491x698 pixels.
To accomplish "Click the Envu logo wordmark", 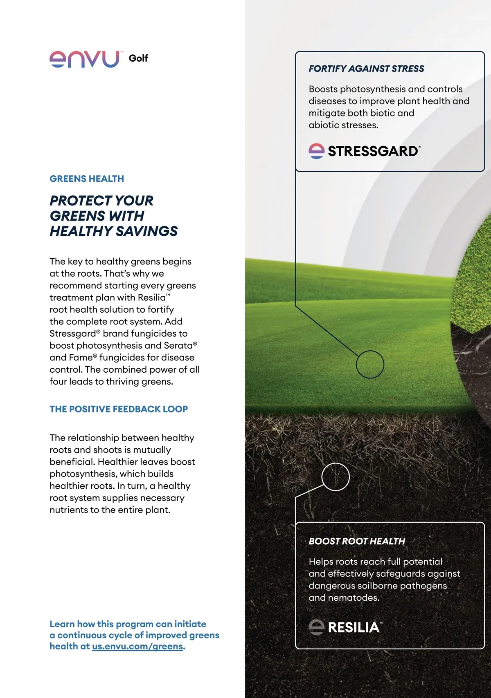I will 85,59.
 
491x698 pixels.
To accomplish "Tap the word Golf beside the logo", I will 138,58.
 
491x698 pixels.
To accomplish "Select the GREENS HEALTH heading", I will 87,179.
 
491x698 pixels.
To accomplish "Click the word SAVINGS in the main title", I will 147,231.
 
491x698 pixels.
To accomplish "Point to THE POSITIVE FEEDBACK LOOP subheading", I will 119,409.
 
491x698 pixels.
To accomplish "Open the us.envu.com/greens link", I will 137,647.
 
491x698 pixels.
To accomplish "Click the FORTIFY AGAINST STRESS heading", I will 366,69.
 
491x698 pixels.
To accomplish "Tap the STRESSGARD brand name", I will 373,151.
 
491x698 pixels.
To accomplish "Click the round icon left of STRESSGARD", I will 316,151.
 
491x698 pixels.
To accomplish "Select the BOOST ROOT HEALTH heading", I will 357,541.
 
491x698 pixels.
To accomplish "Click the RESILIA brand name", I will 354,627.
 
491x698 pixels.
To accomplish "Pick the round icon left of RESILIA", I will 316,627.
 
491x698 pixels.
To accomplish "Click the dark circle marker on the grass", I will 370,364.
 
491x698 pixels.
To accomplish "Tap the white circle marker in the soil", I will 336,477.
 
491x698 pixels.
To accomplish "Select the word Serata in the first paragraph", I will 178,346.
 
